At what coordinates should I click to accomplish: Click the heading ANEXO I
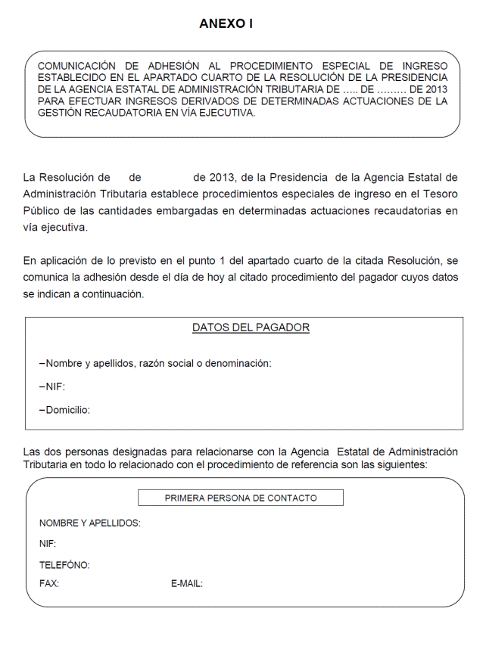coord(226,23)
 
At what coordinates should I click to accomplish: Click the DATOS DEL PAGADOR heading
coord(251,327)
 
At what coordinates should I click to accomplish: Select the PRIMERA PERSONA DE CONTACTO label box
coord(241,498)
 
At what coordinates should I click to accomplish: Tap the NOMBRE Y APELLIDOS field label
coord(89,523)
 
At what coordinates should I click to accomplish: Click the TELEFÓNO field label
coord(64,565)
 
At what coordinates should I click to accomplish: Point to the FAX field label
coord(49,583)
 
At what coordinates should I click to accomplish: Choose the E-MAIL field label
coord(187,583)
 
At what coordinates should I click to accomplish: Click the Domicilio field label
coord(66,410)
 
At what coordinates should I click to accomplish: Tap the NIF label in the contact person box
coord(48,544)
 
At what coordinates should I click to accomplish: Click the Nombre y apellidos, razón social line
coord(155,363)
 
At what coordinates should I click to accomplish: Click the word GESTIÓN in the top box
coord(58,112)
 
